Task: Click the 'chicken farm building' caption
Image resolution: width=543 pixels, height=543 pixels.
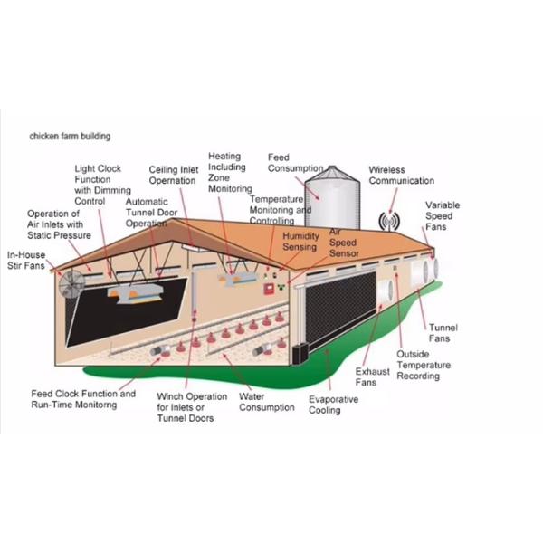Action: pos(70,136)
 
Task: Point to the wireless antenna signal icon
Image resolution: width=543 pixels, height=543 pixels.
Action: pos(389,222)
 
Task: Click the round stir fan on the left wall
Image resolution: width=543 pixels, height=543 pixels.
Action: pos(72,284)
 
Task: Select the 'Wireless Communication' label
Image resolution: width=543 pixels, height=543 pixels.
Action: pos(401,176)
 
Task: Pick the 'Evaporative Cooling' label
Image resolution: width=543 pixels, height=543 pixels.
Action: pos(333,405)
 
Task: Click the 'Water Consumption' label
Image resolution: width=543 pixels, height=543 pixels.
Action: pos(267,402)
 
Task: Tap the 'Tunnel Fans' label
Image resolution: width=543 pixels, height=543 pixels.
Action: pos(443,333)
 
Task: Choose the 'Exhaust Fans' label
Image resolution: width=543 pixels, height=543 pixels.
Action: pos(373,376)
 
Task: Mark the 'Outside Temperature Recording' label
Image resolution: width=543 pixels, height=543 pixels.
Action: pos(424,365)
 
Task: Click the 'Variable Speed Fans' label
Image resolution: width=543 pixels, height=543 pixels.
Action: pos(443,215)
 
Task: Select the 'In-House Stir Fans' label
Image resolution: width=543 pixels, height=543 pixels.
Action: pos(26,261)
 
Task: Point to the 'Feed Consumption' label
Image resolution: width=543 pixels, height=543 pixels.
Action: pos(295,163)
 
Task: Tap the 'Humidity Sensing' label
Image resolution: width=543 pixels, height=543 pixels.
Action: pos(300,242)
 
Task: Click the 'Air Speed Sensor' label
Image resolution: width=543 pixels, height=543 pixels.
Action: pos(344,243)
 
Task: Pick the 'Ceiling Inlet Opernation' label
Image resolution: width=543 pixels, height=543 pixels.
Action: pos(174,176)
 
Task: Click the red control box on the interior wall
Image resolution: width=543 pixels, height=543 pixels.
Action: pos(269,289)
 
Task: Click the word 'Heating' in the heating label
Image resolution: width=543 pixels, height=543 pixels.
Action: pos(224,157)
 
